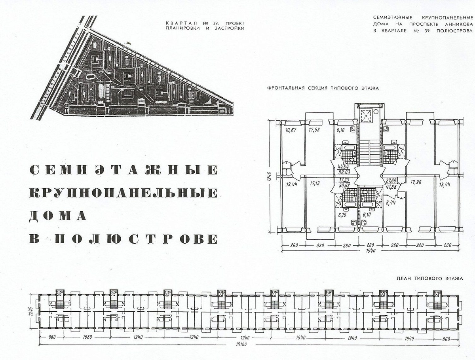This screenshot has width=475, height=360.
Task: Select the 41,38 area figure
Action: (x=391, y=186)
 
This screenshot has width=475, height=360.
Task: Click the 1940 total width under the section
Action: (x=370, y=251)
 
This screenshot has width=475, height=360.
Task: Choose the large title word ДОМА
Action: (x=58, y=216)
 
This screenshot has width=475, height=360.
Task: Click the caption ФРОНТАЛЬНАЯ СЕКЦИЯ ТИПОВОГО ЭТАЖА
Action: (x=323, y=88)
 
